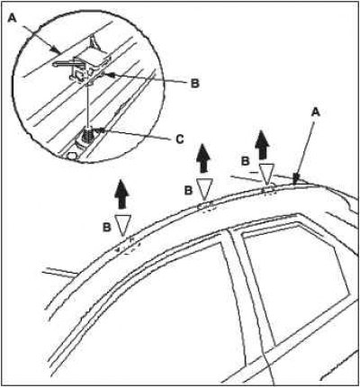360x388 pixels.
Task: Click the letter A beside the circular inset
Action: (13, 18)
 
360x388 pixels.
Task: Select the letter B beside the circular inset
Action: (195, 83)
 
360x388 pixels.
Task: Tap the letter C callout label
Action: (179, 139)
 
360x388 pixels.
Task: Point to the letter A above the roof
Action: (315, 113)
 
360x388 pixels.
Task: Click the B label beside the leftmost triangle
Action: (107, 227)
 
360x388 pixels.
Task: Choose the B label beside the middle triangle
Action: (188, 190)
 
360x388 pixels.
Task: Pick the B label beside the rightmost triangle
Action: (246, 161)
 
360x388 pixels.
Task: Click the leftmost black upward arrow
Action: (121, 194)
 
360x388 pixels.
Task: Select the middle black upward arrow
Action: (204, 158)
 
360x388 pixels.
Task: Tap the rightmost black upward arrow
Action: (262, 145)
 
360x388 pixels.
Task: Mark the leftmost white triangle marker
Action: (123, 224)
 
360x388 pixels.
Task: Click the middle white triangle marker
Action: (204, 188)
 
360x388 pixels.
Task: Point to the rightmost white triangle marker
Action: (266, 173)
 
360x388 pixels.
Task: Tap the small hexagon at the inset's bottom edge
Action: (72, 156)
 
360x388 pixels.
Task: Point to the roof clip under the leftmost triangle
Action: (129, 247)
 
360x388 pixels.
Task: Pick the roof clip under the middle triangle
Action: (205, 207)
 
